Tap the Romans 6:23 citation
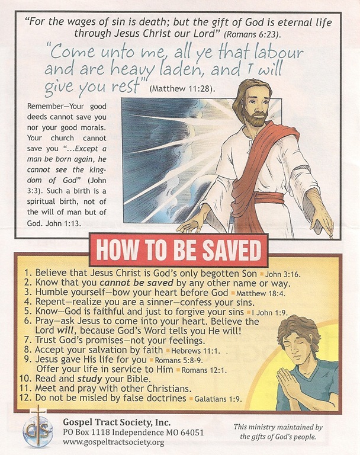tap(252, 34)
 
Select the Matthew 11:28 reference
tap(182, 88)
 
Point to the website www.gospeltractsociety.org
tap(114, 443)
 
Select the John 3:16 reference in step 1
tap(283, 274)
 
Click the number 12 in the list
tap(25, 398)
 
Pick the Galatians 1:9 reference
tap(217, 399)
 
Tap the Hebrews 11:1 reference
tap(194, 351)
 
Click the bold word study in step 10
tap(89, 379)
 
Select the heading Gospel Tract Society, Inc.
tap(117, 422)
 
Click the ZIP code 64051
tap(192, 432)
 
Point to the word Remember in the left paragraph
tap(45, 106)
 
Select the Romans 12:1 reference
tap(204, 370)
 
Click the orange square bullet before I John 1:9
tap(248, 313)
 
